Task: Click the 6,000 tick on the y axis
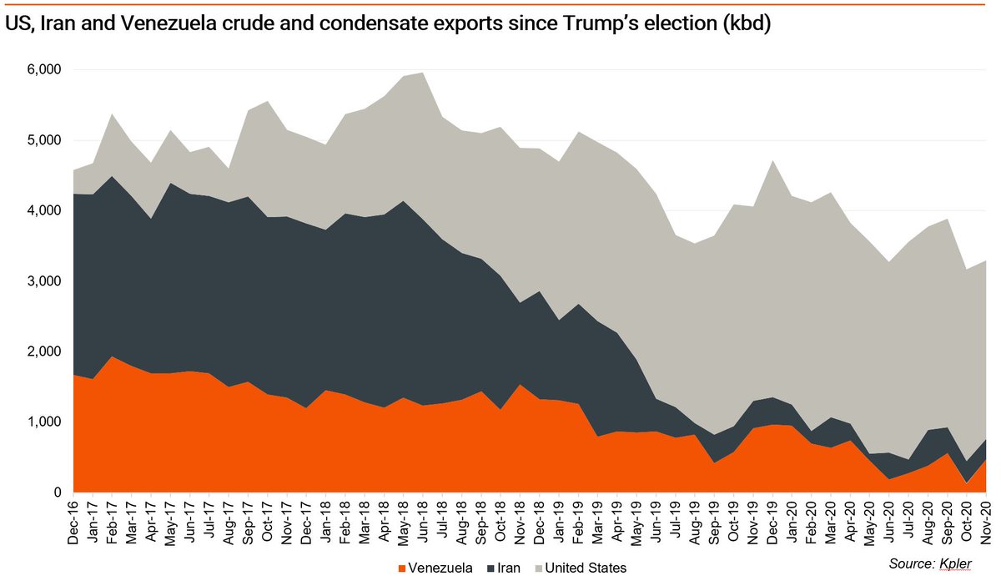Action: (x=43, y=70)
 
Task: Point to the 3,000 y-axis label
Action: (x=43, y=281)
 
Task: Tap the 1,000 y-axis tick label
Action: (x=43, y=422)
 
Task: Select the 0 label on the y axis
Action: (x=56, y=493)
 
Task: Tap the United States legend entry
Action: (x=584, y=568)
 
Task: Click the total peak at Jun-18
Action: (x=423, y=73)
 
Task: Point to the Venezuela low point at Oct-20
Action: (x=948, y=483)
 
